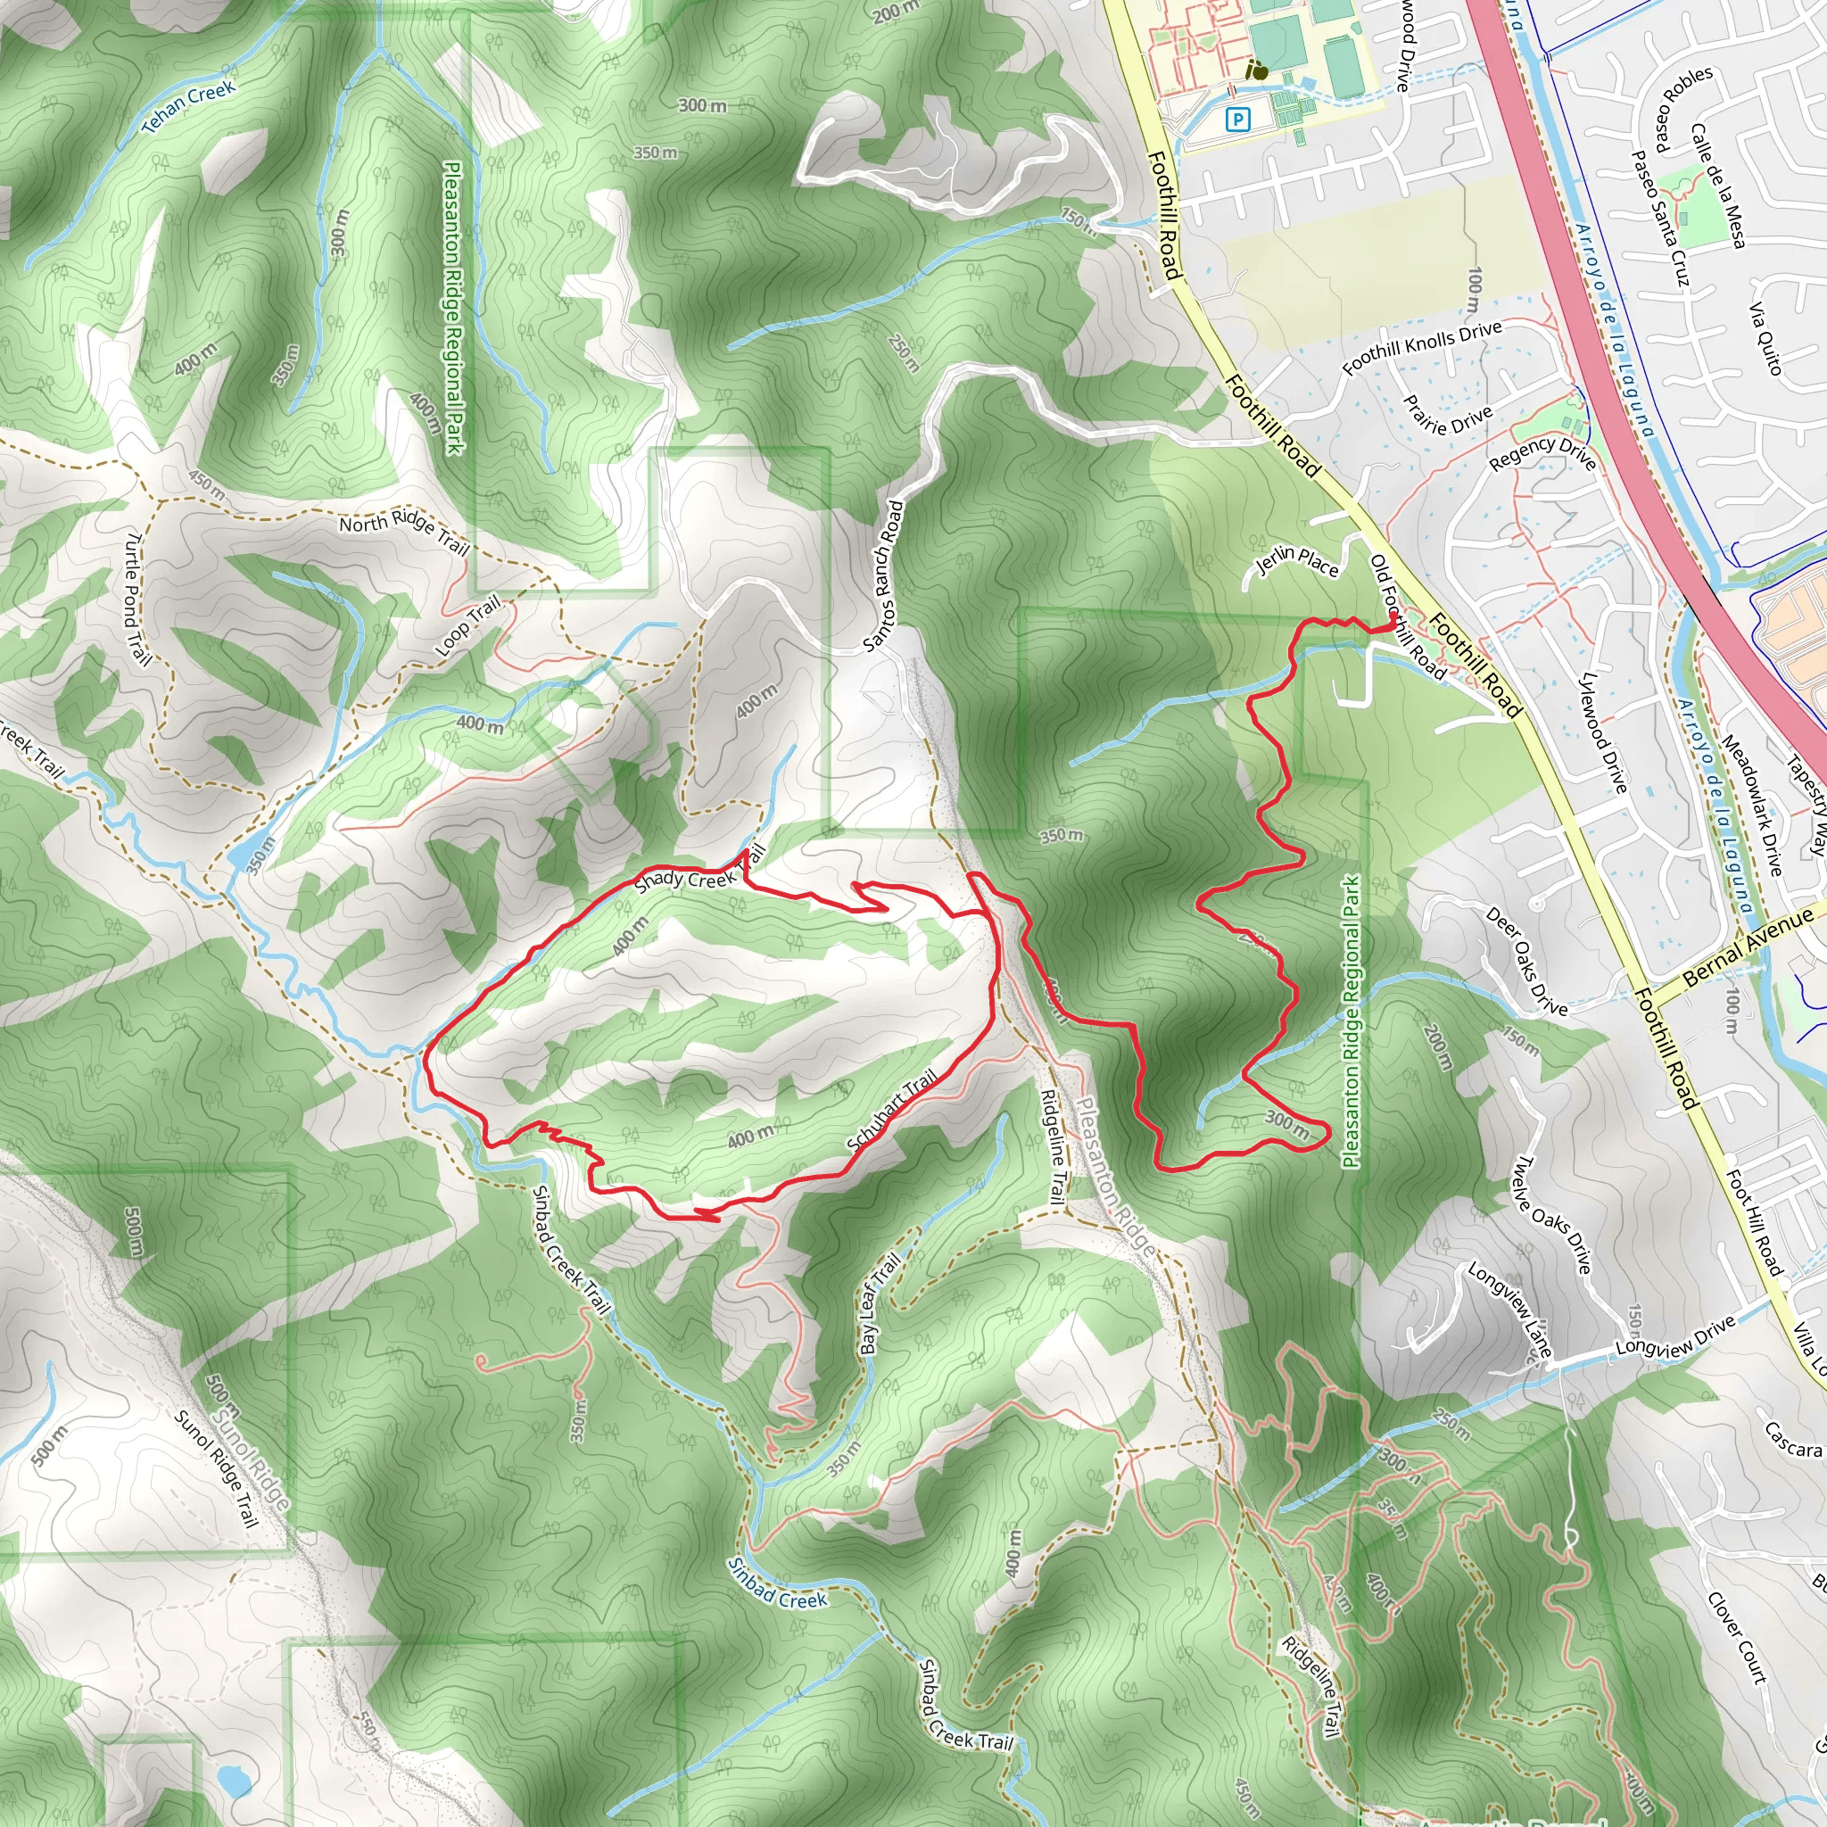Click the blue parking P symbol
[1237, 120]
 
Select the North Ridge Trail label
[404, 533]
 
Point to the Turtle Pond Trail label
[138, 597]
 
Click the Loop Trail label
[467, 626]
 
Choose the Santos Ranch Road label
[884, 576]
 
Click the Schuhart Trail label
[893, 1109]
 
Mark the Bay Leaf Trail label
[879, 1304]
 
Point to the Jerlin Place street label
[1296, 562]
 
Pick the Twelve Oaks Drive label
[1554, 1214]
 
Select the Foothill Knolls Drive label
[1421, 347]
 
